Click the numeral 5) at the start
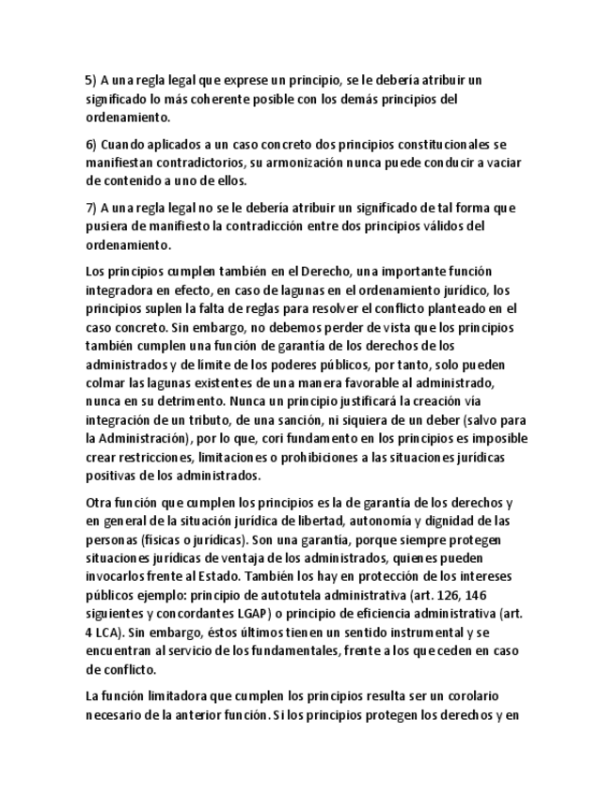point(90,81)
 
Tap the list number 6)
point(90,145)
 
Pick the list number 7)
point(90,209)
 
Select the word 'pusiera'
point(105,227)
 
